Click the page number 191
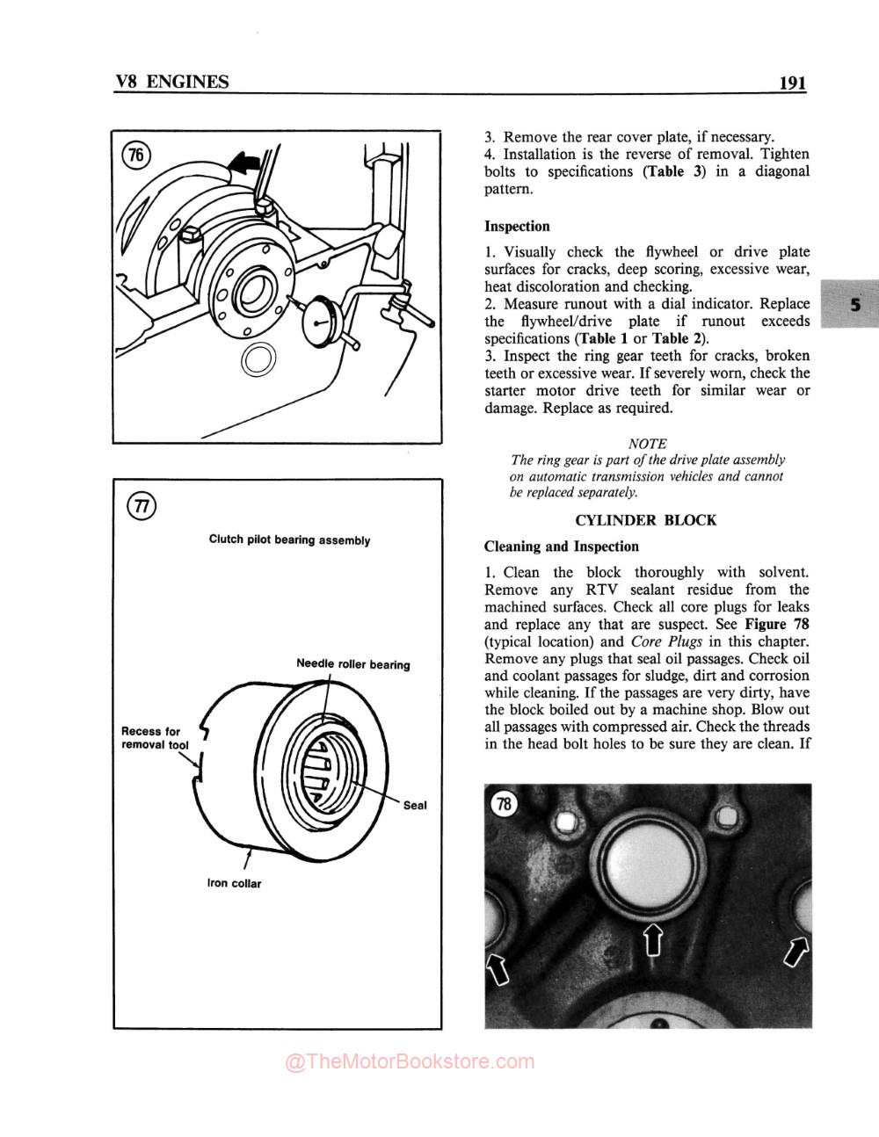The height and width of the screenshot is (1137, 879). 791,83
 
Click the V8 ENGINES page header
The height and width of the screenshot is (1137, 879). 172,83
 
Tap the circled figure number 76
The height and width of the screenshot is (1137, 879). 135,156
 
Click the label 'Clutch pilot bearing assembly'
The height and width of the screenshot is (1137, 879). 289,540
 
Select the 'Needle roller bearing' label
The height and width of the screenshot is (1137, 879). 352,664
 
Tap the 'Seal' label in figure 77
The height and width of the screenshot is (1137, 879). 415,806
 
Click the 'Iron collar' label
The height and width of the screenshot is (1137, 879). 234,883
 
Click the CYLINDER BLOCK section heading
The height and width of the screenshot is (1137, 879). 645,520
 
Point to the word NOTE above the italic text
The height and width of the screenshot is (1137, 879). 647,444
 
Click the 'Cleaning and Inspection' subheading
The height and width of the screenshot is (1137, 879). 562,547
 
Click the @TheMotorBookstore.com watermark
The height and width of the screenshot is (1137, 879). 410,1062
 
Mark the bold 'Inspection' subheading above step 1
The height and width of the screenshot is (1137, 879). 517,227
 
